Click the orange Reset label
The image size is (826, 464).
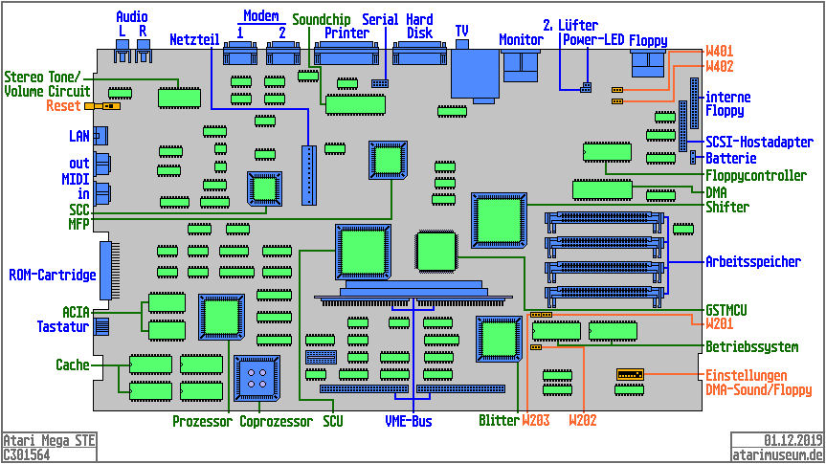63,106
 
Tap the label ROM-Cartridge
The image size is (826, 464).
53,276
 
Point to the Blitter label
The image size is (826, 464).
498,421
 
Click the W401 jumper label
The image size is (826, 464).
720,51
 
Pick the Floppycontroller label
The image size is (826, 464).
755,176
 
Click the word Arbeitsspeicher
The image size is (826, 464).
754,260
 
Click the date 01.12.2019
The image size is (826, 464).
793,440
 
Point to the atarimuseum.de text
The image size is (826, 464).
777,454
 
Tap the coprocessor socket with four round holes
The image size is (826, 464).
257,376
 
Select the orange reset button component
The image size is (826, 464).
94,106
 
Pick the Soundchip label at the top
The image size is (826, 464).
321,19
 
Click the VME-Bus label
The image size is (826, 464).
409,421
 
